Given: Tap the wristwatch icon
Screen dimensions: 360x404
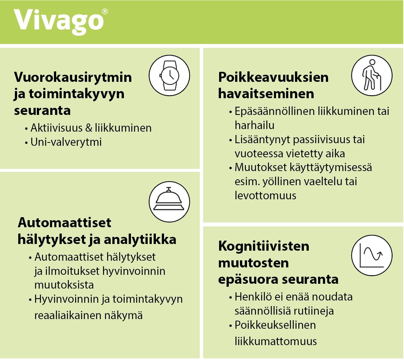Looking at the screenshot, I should click(169, 75).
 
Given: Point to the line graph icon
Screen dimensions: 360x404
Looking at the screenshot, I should click(372, 255).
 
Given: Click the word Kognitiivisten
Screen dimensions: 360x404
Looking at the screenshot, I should click(263, 246).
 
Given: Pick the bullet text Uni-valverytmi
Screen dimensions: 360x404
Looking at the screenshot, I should click(66, 142).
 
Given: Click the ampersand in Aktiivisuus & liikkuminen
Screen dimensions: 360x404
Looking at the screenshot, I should click(89, 128).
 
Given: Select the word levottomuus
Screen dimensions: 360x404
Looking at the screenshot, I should click(265, 196).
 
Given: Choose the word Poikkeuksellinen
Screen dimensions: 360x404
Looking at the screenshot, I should click(275, 325).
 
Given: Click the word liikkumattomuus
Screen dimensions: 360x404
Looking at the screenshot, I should click(276, 341).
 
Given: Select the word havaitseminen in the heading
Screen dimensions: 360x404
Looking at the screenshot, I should click(266, 94).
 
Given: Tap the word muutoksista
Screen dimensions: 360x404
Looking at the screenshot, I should click(64, 285).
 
